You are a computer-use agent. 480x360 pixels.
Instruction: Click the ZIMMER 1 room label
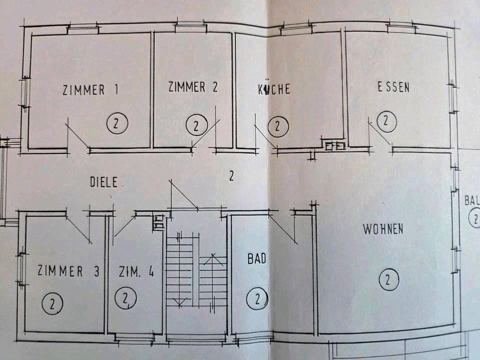click(x=90, y=90)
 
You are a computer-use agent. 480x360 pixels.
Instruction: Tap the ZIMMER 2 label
click(x=193, y=87)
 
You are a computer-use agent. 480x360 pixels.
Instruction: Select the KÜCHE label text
click(x=273, y=89)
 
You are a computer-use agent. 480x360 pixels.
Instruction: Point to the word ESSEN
click(x=393, y=87)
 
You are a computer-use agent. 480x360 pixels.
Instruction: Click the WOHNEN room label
click(x=383, y=229)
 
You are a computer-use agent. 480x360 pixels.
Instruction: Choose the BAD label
click(x=256, y=259)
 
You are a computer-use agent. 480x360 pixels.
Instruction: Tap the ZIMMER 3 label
click(x=68, y=271)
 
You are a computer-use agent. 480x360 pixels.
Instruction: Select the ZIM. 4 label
click(x=136, y=272)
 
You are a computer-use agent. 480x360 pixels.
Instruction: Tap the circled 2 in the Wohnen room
click(x=388, y=279)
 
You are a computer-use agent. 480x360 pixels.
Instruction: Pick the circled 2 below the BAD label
click(x=257, y=299)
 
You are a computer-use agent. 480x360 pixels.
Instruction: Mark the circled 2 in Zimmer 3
click(x=53, y=302)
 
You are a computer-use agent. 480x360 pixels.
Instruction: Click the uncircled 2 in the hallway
click(x=231, y=175)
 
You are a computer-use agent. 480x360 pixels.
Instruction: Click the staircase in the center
click(x=196, y=275)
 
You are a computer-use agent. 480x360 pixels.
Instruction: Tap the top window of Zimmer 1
click(x=83, y=28)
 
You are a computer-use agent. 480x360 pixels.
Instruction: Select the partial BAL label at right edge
click(x=471, y=201)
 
